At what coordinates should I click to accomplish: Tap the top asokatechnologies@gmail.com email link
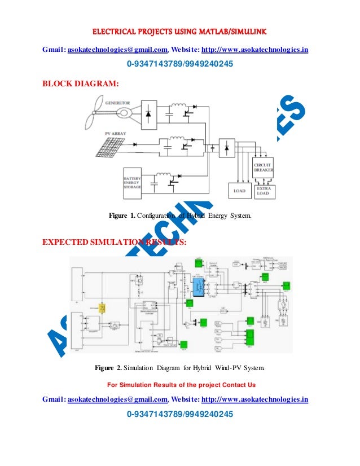(x=118, y=50)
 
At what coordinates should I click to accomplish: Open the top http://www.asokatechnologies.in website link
(x=254, y=50)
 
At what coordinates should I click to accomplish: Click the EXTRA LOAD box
(x=263, y=190)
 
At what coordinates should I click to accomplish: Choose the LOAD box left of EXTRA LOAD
(x=239, y=191)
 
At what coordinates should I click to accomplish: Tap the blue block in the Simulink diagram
(x=198, y=285)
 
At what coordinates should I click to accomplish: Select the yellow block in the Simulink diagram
(x=103, y=308)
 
